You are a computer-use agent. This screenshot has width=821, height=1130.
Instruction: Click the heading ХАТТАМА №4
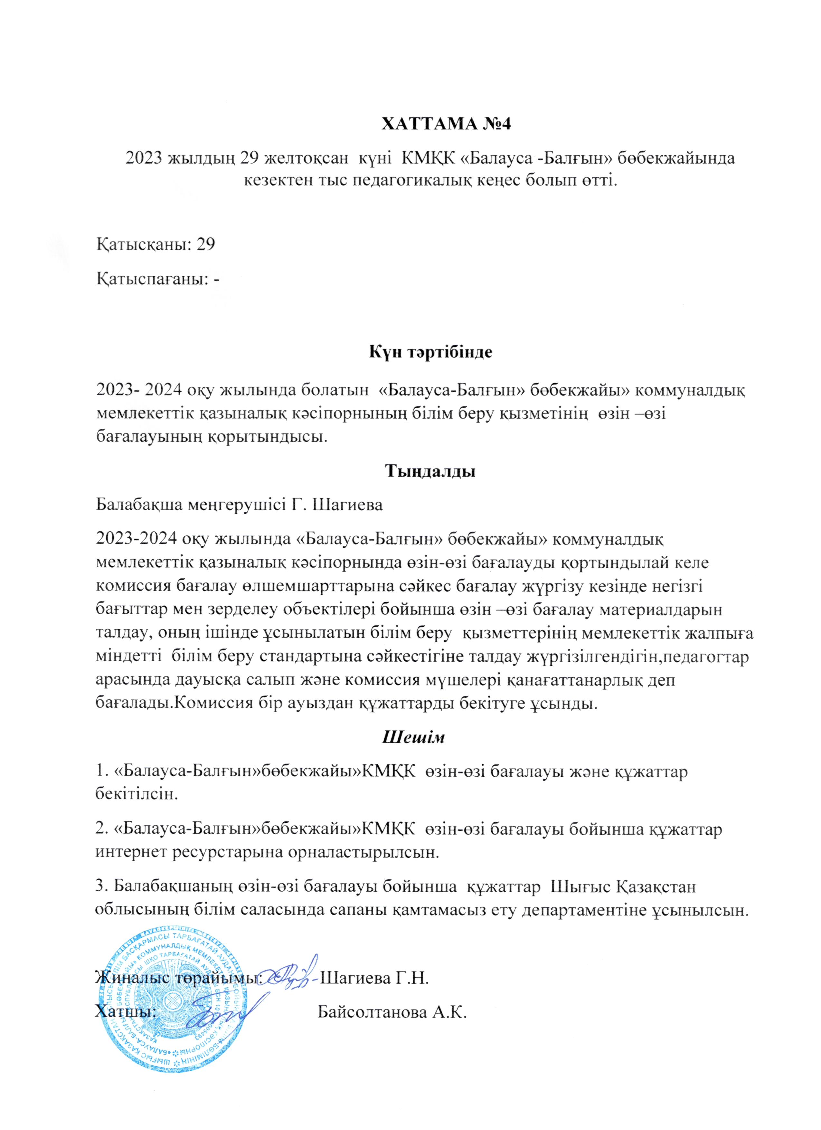(x=446, y=124)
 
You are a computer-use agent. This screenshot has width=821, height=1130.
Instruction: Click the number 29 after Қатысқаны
(x=206, y=244)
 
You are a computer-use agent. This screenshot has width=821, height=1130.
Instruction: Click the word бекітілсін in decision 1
(x=136, y=794)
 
